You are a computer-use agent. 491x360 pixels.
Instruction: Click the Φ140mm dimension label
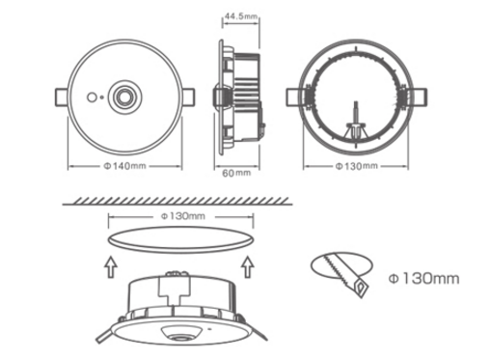[124, 166]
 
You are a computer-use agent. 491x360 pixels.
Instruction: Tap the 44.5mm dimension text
[241, 16]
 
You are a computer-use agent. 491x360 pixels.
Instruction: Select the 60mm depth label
[236, 173]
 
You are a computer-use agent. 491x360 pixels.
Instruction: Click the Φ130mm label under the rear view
[356, 166]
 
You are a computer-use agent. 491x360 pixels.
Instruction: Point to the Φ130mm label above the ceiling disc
[182, 216]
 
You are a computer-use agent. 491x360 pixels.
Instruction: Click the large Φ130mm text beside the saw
[423, 278]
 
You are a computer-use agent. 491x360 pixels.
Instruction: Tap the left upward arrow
[110, 266]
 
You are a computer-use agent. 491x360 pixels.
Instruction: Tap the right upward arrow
[248, 266]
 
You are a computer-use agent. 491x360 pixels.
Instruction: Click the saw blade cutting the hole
[345, 274]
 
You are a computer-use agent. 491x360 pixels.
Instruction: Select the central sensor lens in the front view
[124, 97]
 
